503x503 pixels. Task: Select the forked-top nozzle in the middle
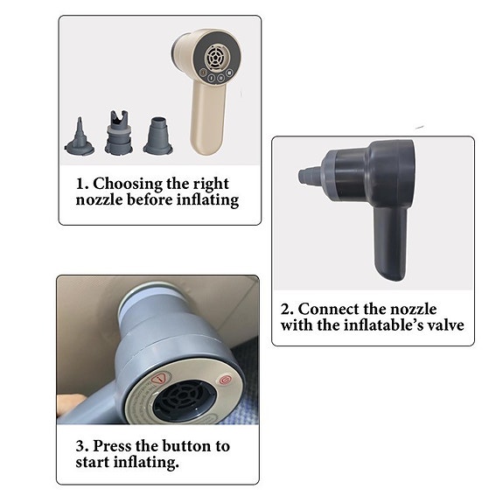[x=119, y=133]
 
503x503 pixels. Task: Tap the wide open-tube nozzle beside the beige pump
[x=158, y=136]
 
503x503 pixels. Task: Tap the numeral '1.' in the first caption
[x=81, y=184]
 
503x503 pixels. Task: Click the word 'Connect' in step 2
[x=331, y=310]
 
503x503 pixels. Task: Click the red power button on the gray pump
[x=226, y=381]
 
